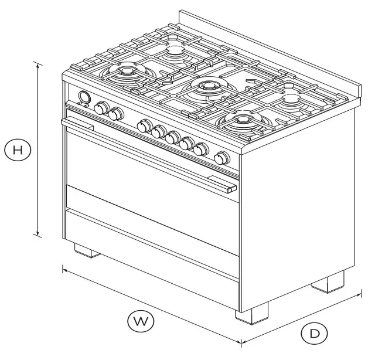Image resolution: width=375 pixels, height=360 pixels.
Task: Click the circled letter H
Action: [18, 150]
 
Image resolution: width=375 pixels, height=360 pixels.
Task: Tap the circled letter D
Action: [314, 334]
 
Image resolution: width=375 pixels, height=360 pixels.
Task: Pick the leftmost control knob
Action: [102, 108]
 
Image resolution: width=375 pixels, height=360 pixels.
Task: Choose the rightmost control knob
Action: [221, 158]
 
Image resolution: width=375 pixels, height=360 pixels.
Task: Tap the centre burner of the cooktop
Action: [206, 87]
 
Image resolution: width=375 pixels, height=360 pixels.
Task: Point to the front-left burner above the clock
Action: [127, 73]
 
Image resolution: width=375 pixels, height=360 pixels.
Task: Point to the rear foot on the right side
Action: [328, 283]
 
